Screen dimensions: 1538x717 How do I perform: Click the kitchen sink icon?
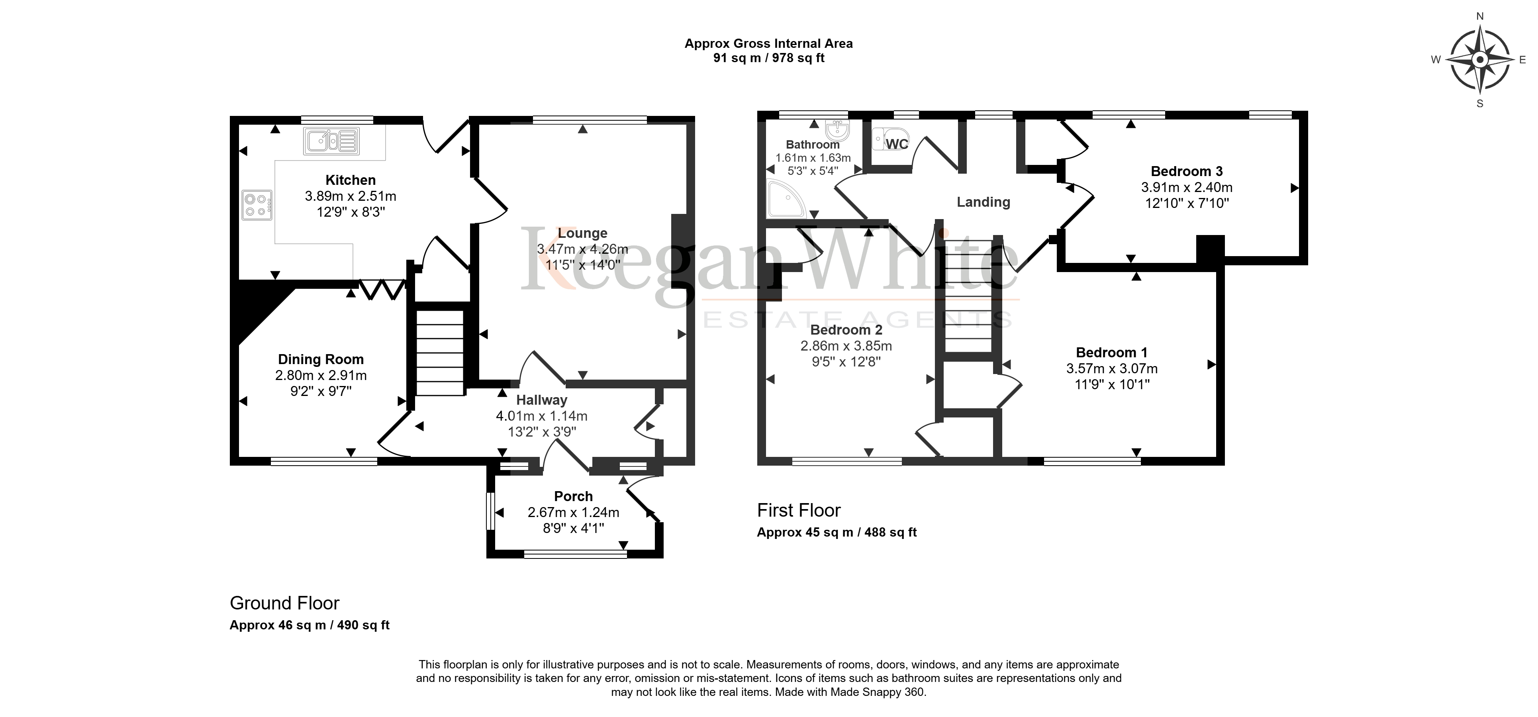331,141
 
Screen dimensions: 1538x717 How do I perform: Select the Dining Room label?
321,359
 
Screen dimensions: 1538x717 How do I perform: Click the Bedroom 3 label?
1187,171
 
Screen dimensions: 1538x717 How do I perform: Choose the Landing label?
984,202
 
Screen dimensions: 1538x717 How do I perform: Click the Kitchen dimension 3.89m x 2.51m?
351,196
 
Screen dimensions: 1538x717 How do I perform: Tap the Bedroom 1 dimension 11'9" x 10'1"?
1112,384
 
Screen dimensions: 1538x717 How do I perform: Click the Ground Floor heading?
285,603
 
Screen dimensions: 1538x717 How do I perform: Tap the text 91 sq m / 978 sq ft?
769,58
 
